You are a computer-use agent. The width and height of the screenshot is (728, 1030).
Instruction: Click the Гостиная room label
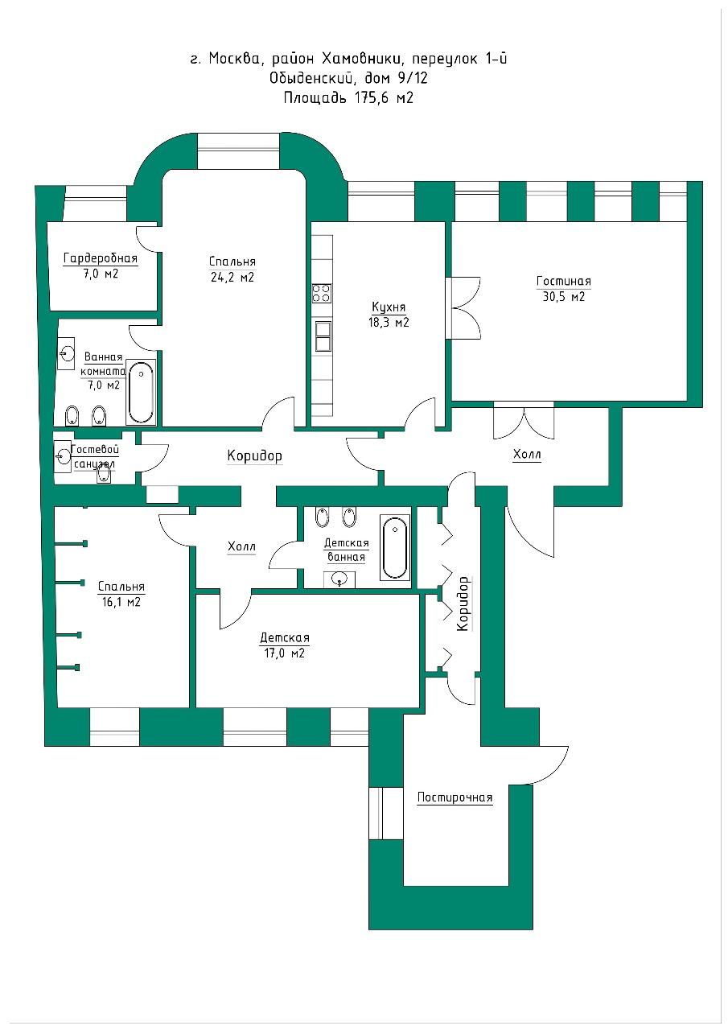point(563,281)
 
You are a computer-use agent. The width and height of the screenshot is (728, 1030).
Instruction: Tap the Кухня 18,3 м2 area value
point(389,323)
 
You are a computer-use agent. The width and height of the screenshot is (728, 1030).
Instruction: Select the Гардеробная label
point(101,258)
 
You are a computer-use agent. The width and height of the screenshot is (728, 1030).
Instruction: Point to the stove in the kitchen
point(322,294)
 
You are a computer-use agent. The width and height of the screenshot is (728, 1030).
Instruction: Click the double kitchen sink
point(323,336)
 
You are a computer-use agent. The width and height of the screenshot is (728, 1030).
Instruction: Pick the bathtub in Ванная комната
point(141,392)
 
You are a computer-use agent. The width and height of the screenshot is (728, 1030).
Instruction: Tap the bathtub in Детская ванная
point(394,548)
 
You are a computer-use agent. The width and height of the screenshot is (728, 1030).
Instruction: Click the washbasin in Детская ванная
point(339,579)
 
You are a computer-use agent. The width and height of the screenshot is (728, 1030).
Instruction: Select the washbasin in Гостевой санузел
point(63,456)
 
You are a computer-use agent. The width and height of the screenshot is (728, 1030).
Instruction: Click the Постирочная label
point(454,797)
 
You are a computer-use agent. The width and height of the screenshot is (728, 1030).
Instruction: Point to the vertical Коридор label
point(463,604)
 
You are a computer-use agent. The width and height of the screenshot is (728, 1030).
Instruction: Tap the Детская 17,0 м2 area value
point(284,653)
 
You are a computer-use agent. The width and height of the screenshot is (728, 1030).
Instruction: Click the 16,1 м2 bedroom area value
point(121,602)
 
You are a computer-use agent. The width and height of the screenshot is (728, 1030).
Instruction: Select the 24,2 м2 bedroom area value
point(232,278)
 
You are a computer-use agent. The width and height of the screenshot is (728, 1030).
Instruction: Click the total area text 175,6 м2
point(383,98)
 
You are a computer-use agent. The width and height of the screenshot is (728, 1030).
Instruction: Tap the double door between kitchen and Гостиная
point(463,308)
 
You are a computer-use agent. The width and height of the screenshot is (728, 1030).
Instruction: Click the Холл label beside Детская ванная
point(241,546)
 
